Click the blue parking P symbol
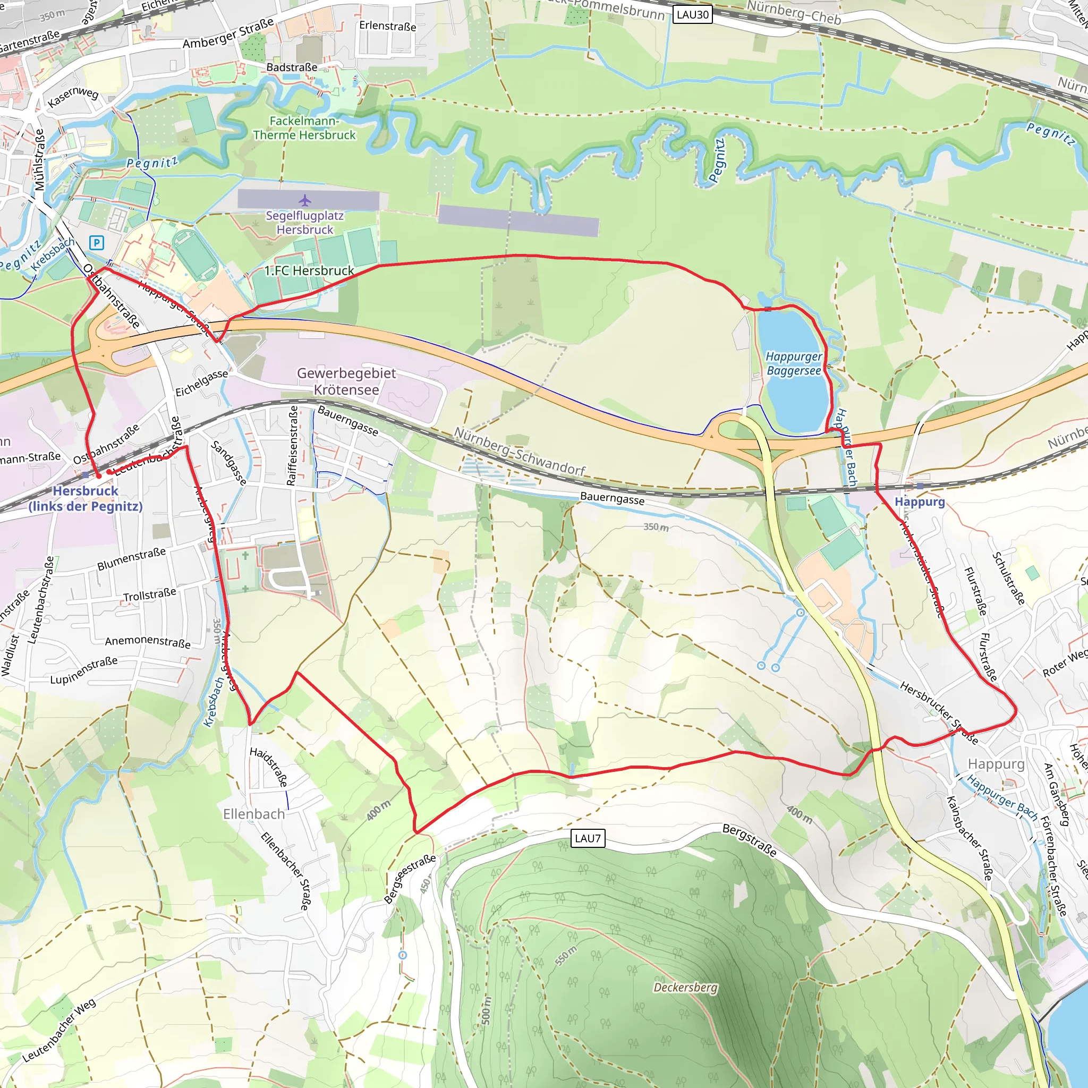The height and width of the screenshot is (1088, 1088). click(96, 243)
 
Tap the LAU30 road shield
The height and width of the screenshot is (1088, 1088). click(692, 15)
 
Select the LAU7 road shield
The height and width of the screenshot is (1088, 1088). click(588, 838)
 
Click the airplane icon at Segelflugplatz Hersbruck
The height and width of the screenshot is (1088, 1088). click(304, 200)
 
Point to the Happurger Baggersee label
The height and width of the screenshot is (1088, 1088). click(794, 363)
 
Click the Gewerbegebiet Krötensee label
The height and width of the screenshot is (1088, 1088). click(346, 381)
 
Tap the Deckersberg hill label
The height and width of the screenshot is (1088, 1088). click(685, 988)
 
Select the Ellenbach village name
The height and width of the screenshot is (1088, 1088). click(254, 814)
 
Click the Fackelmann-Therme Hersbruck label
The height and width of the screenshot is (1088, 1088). click(304, 128)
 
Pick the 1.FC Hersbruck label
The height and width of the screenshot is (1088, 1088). click(309, 271)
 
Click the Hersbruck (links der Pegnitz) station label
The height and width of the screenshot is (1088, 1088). click(86, 498)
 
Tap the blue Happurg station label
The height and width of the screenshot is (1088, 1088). click(920, 501)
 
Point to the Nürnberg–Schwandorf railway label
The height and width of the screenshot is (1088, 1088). click(520, 451)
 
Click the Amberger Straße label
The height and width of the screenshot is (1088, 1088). click(228, 34)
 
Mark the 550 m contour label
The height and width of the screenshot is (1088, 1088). click(566, 956)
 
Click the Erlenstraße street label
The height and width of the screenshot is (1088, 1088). click(387, 26)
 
